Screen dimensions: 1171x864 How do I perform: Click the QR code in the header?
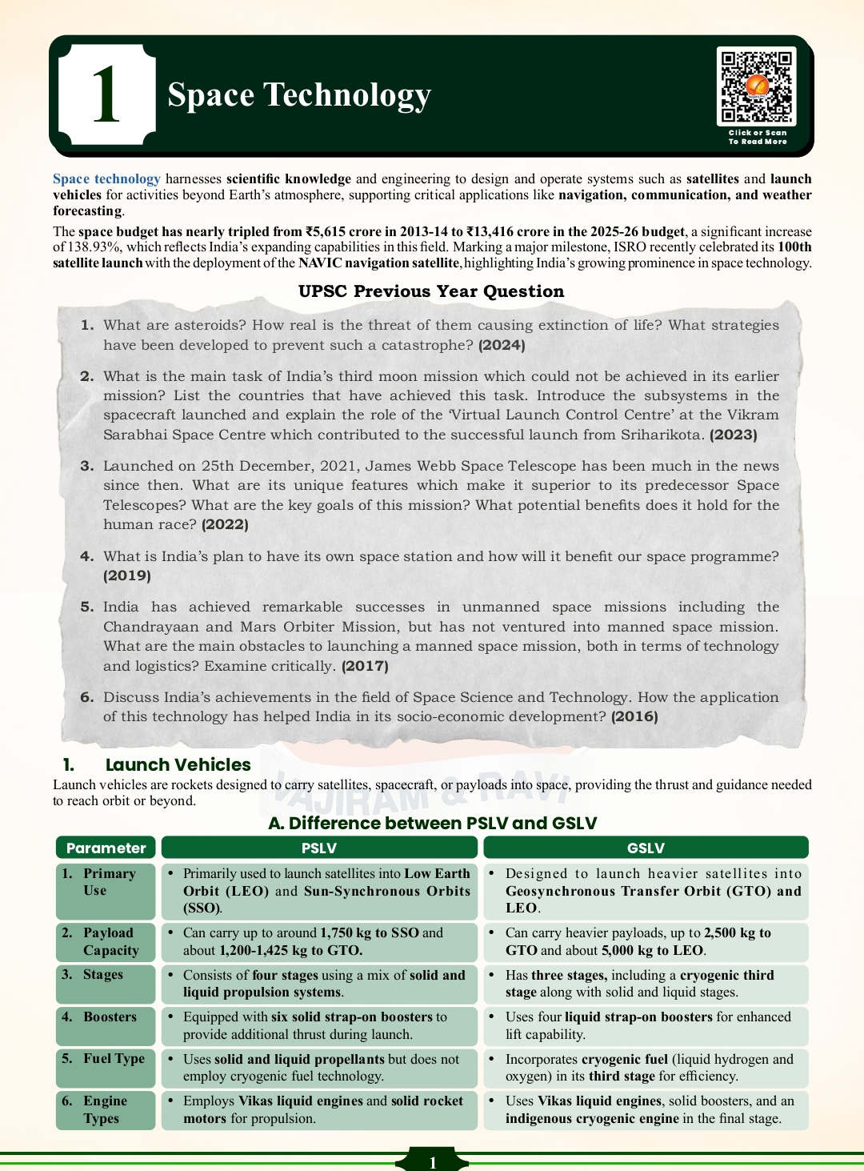pyautogui.click(x=756, y=86)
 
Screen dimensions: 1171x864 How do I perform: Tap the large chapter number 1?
pyautogui.click(x=106, y=95)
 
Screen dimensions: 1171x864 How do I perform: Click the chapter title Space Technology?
pyautogui.click(x=299, y=94)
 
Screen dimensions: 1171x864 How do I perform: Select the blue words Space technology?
pyautogui.click(x=106, y=179)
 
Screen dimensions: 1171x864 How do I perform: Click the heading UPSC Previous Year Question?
pyautogui.click(x=431, y=291)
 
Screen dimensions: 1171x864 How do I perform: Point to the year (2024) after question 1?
pyautogui.click(x=502, y=345)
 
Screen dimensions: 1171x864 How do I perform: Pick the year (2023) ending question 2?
pyautogui.click(x=734, y=435)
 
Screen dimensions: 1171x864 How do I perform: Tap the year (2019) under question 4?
pyautogui.click(x=127, y=575)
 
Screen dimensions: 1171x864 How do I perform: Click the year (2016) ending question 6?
pyautogui.click(x=634, y=716)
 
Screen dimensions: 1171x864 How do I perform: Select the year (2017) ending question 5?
pyautogui.click(x=365, y=666)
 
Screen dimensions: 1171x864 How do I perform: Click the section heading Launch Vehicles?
pyautogui.click(x=178, y=765)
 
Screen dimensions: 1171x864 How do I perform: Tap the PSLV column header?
pyautogui.click(x=319, y=848)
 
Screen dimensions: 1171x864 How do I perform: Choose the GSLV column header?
pyautogui.click(x=646, y=848)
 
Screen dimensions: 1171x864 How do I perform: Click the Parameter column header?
pyautogui.click(x=106, y=848)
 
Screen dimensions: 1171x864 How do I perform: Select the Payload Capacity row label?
pyautogui.click(x=110, y=942)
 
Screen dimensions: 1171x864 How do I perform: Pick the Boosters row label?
pyautogui.click(x=110, y=1017)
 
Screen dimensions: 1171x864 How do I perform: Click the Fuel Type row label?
pyautogui.click(x=114, y=1059)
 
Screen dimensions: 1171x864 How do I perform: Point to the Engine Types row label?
pyautogui.click(x=105, y=1110)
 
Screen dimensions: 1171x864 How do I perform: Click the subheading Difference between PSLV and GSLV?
pyautogui.click(x=432, y=823)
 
